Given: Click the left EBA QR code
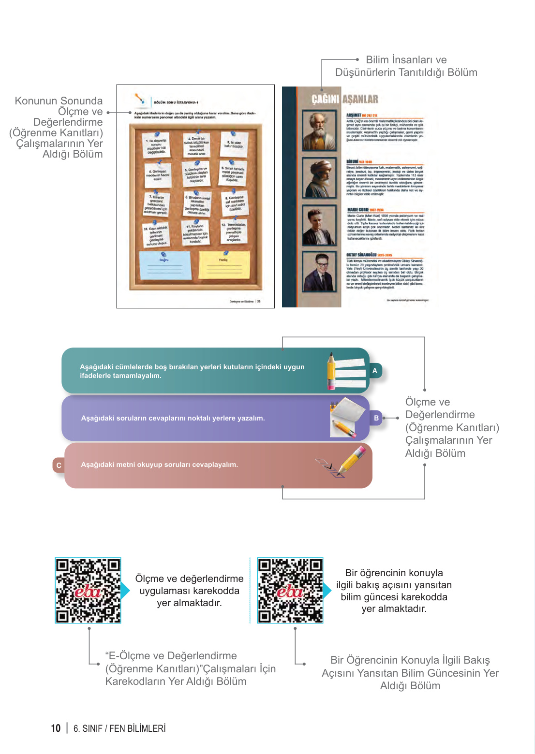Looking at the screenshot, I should (x=88, y=590).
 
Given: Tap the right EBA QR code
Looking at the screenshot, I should (x=290, y=590).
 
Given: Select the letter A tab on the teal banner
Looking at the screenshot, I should (x=374, y=371).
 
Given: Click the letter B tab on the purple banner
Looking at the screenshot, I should (x=376, y=418).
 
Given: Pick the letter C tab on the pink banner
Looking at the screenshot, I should (x=59, y=465).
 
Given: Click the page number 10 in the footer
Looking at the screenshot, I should (x=56, y=728).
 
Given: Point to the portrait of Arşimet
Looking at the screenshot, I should (x=319, y=130).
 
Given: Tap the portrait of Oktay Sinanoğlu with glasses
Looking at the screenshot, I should (x=319, y=272).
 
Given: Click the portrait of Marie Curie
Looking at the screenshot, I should (x=319, y=225).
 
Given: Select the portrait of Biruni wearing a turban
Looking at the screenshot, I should (x=319, y=177).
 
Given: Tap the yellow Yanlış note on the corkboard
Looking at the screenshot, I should (x=224, y=265).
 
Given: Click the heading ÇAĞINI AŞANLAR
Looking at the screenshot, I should (x=344, y=100).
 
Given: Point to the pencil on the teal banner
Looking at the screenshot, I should (x=332, y=371).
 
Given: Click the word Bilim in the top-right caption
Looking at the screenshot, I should (x=377, y=60).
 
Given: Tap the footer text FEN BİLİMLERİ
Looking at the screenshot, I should (x=137, y=728).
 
